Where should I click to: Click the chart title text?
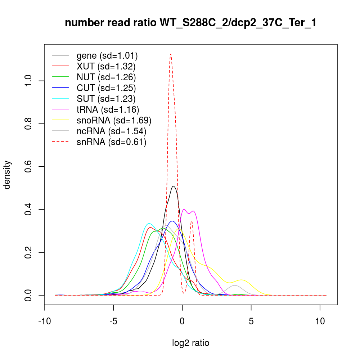pyautogui.click(x=191, y=23)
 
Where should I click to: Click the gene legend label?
pyautogui.click(x=107, y=55)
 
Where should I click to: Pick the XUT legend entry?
pyautogui.click(x=106, y=66)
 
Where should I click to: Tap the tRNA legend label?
pyautogui.click(x=108, y=109)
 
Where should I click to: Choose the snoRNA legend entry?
pyautogui.click(x=114, y=120)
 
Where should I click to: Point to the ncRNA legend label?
pyautogui.click(x=111, y=131)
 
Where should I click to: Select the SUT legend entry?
pyautogui.click(x=106, y=99)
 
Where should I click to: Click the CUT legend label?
pyautogui.click(x=106, y=88)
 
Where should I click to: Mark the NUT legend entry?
pyautogui.click(x=106, y=77)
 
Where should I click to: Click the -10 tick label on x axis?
pyautogui.click(x=45, y=322)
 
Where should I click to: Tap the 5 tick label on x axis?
pyautogui.click(x=251, y=322)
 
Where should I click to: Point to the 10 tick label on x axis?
pyautogui.click(x=320, y=322)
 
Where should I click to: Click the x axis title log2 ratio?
pyautogui.click(x=191, y=343)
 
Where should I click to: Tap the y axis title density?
pyautogui.click(x=8, y=175)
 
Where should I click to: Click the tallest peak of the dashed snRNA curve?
pyautogui.click(x=171, y=54)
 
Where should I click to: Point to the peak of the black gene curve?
pyautogui.click(x=174, y=186)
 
